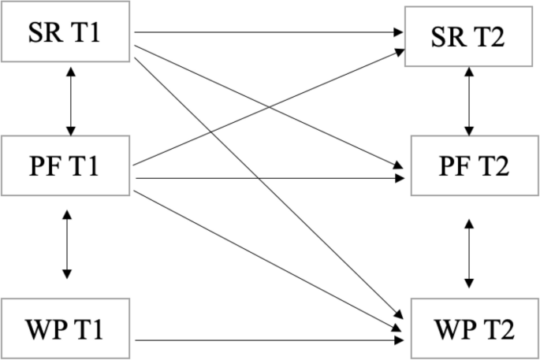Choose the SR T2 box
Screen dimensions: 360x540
point(471,36)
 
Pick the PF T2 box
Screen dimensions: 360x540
point(471,166)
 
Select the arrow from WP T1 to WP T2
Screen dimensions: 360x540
point(268,341)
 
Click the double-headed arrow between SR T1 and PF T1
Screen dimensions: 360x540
point(71,101)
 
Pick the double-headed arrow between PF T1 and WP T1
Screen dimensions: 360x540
point(66,244)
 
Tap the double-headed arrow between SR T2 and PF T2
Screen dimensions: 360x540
point(471,101)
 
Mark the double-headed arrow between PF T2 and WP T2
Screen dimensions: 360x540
point(471,254)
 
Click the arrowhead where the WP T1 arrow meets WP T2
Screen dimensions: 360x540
point(399,341)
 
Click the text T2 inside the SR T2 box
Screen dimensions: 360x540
point(493,36)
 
